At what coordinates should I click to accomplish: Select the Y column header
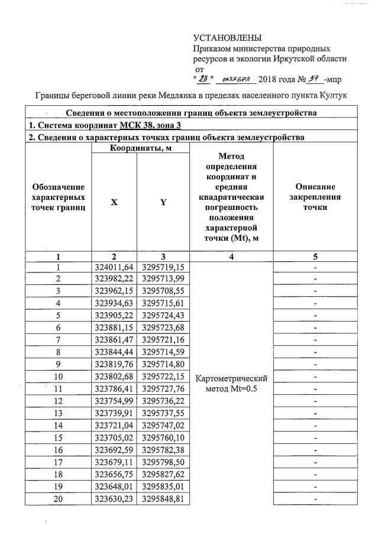pyautogui.click(x=163, y=202)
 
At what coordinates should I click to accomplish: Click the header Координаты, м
pyautogui.click(x=138, y=148)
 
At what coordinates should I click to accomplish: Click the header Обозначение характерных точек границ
pyautogui.click(x=58, y=197)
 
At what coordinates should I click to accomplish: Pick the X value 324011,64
pyautogui.click(x=114, y=267)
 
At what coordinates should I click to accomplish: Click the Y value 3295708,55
pyautogui.click(x=163, y=291)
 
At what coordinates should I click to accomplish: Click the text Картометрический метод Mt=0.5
pyautogui.click(x=231, y=382)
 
